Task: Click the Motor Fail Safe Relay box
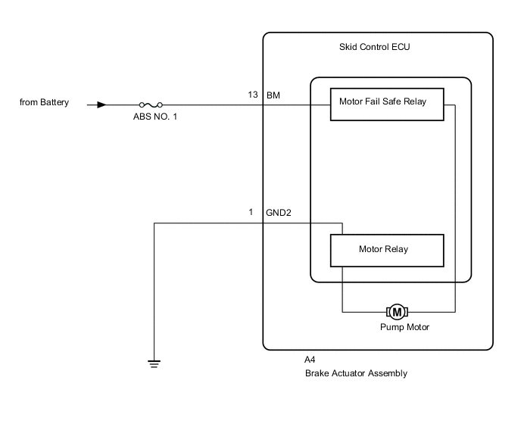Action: (387, 104)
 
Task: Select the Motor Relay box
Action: (387, 249)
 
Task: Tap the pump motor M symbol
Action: (397, 311)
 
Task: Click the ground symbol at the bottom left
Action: (154, 363)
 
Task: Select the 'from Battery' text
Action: (44, 102)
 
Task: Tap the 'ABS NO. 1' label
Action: (155, 119)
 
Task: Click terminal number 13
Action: (253, 95)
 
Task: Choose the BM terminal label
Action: (273, 95)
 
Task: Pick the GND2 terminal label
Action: (279, 213)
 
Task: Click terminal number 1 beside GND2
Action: (251, 213)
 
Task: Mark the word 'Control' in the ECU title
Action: (376, 48)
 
